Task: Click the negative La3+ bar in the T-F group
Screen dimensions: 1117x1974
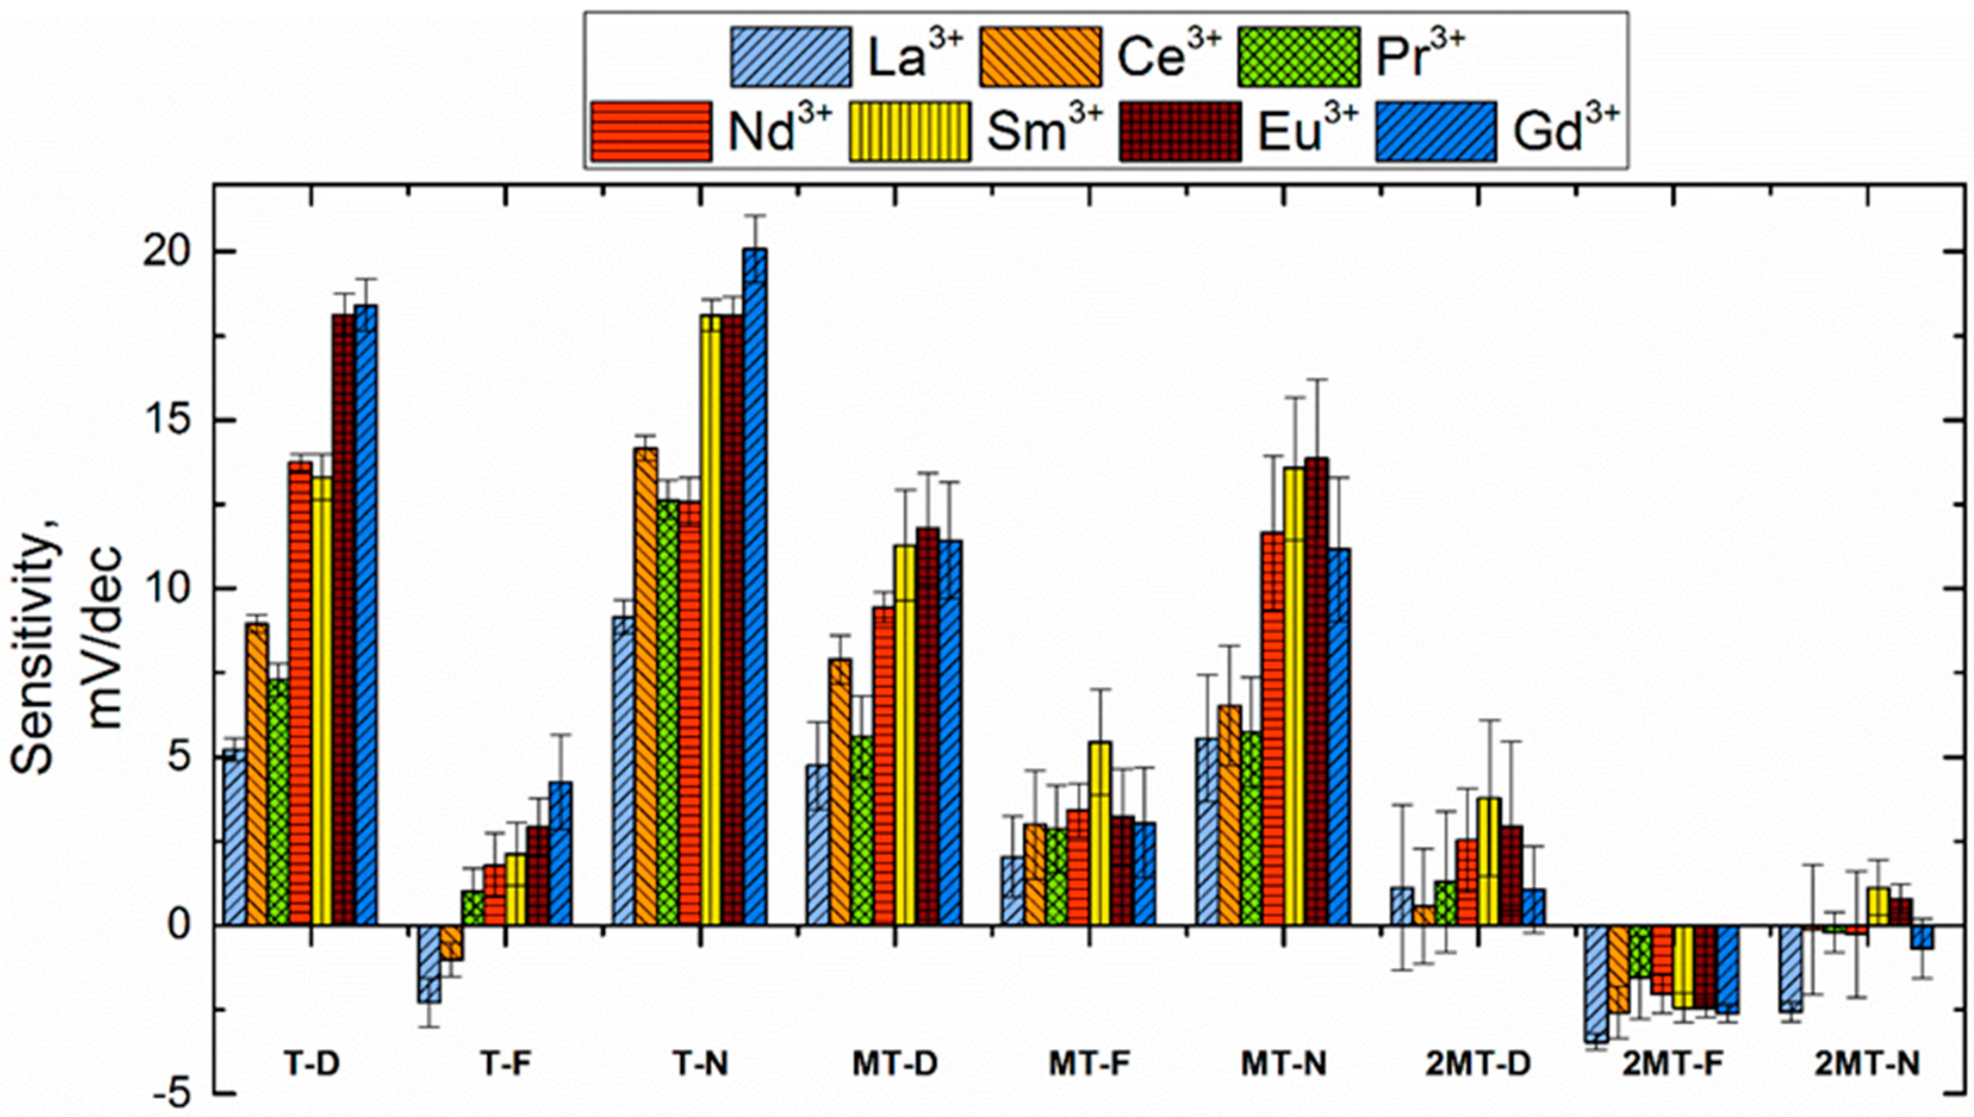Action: (429, 963)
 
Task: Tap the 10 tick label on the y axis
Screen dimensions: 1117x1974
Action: (165, 589)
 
